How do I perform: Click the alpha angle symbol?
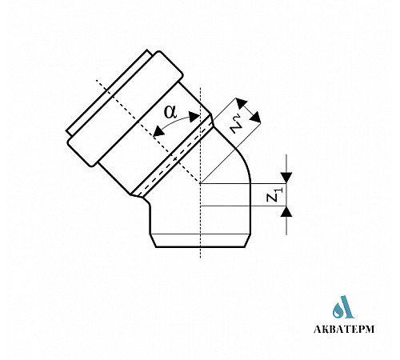(x=170, y=112)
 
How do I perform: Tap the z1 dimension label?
(x=274, y=194)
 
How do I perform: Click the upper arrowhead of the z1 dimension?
(x=286, y=178)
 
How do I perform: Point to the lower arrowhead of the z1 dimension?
(x=286, y=211)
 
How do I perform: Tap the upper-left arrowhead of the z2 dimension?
(x=242, y=103)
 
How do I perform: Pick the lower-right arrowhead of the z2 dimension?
(x=255, y=118)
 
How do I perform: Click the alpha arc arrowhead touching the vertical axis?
(x=194, y=117)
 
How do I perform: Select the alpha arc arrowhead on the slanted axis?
(x=159, y=131)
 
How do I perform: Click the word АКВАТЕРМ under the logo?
(x=344, y=329)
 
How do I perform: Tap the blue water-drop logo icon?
(x=343, y=307)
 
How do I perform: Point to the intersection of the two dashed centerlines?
(x=200, y=183)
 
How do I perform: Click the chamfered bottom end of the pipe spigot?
(x=200, y=241)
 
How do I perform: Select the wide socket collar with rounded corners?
(x=126, y=109)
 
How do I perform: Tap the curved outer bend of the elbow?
(x=242, y=157)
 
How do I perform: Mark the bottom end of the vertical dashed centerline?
(x=200, y=258)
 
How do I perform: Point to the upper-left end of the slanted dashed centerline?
(x=97, y=80)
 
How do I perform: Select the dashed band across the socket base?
(x=173, y=157)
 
